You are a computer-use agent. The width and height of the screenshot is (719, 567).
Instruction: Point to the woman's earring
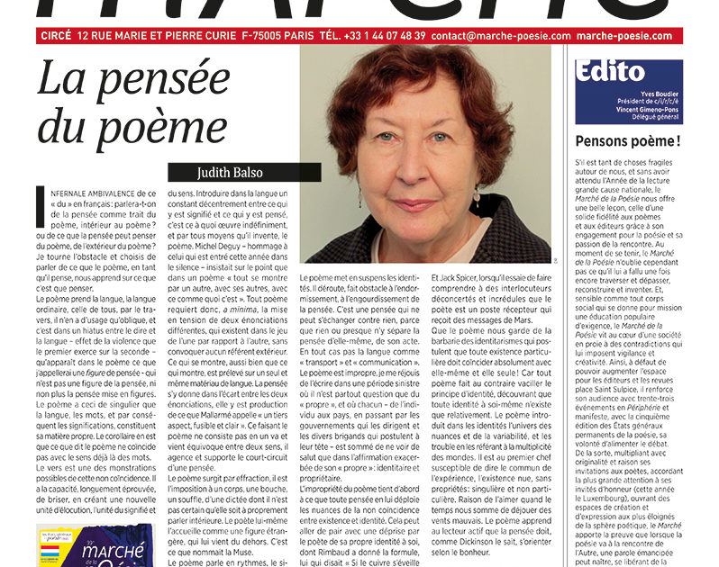point(476,196)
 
